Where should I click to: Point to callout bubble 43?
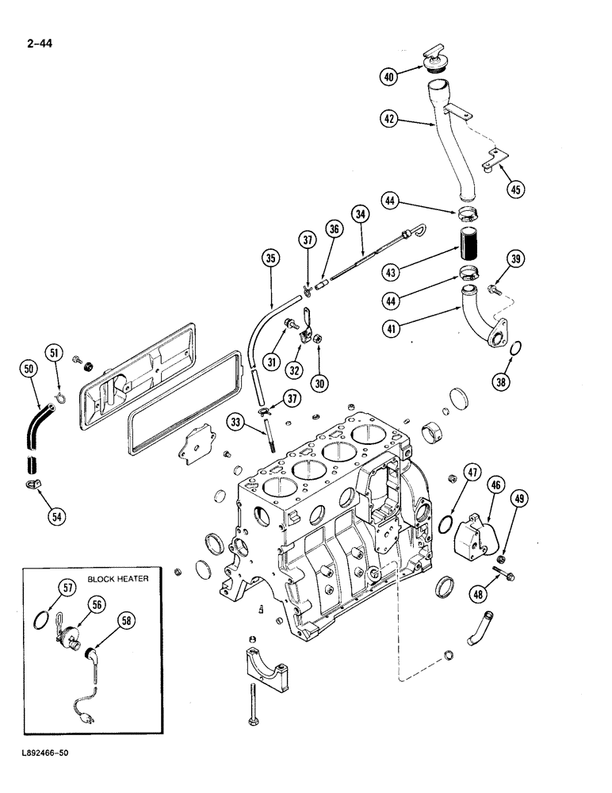[x=389, y=270]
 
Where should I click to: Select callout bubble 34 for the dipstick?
[x=361, y=213]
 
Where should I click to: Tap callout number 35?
[x=272, y=258]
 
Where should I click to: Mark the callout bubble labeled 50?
[x=29, y=367]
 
